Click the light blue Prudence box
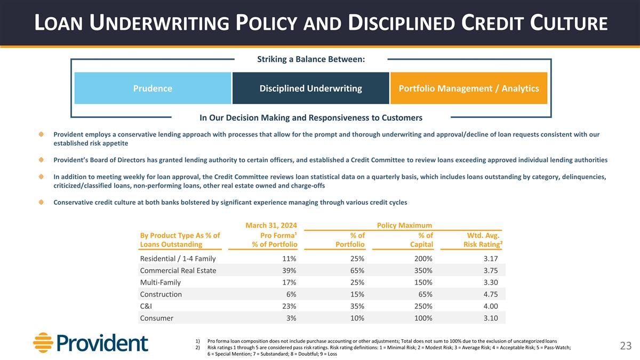point(153,88)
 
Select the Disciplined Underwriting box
point(310,88)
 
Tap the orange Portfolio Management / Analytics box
point(469,88)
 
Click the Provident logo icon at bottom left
point(42,342)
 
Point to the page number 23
point(626,346)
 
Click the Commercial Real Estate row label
point(178,270)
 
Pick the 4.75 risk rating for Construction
point(487,294)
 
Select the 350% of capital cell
point(422,270)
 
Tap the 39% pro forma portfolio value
point(289,270)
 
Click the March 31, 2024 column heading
point(271,225)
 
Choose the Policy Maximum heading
point(404,225)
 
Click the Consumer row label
point(156,318)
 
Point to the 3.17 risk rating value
point(487,259)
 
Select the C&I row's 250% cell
point(422,306)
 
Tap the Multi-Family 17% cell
point(289,283)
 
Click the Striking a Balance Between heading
point(311,59)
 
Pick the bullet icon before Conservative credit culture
point(41,202)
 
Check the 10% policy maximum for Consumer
point(357,318)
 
